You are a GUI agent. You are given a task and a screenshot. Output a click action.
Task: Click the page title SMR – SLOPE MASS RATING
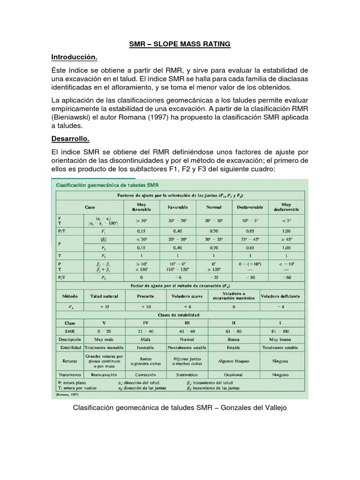[180, 45]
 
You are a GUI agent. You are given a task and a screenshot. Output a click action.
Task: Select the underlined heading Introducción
[75, 57]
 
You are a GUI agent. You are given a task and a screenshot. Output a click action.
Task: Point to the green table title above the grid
[106, 185]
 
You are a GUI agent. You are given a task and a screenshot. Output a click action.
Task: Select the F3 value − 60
[286, 277]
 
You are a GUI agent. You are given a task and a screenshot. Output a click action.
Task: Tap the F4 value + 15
[105, 307]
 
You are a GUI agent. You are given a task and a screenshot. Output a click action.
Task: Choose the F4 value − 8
[280, 307]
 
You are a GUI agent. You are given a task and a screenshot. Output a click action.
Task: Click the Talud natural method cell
[105, 296]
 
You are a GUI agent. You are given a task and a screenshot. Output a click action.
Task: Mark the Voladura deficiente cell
[280, 296]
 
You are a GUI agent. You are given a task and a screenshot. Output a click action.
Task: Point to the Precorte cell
[145, 296]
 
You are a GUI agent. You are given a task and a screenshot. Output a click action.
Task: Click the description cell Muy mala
[105, 339]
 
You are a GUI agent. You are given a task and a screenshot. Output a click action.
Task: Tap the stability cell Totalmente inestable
[105, 347]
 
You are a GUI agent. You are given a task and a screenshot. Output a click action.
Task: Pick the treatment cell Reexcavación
[105, 375]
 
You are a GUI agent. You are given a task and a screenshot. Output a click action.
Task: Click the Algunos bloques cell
[233, 361]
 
